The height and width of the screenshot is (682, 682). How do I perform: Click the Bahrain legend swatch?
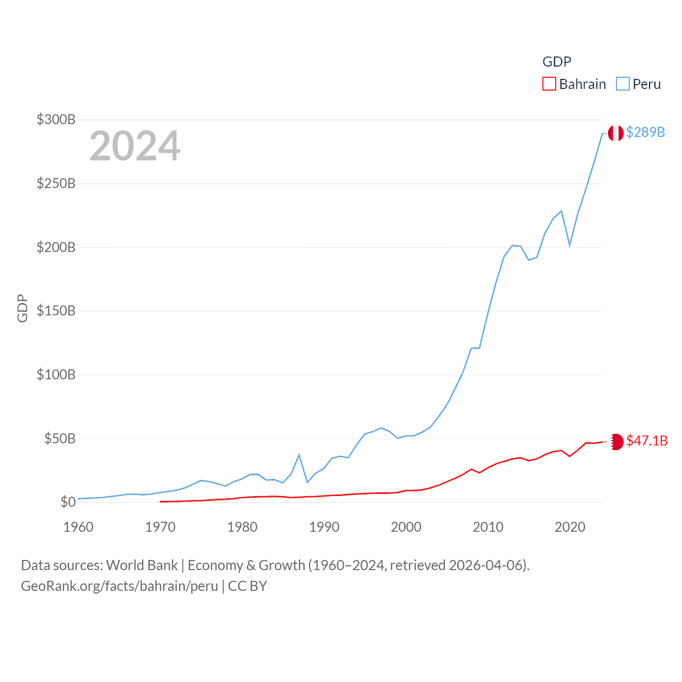549,84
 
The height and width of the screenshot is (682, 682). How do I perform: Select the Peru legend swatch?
622,84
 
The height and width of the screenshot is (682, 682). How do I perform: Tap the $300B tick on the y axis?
56,119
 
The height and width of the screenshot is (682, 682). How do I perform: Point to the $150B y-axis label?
56,311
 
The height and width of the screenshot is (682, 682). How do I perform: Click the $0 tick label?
68,502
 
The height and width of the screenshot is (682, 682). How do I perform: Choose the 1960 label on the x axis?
78,527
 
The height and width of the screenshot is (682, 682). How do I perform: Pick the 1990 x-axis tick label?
324,527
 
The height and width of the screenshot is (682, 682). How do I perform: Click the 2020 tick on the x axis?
570,527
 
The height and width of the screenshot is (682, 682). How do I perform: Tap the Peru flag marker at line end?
615,133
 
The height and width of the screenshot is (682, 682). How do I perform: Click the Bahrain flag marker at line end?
615,442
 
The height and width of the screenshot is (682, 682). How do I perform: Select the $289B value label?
645,132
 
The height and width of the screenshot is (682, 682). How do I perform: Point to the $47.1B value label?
647,441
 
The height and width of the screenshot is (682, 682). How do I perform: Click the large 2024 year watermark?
135,146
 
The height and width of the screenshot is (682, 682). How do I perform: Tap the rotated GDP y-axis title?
22,308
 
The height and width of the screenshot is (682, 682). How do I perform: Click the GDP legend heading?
557,62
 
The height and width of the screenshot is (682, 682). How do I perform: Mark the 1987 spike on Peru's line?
299,455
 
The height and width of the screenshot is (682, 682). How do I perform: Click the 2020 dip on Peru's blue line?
570,246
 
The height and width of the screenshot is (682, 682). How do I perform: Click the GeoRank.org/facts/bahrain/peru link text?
119,586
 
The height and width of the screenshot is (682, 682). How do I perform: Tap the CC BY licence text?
247,586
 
